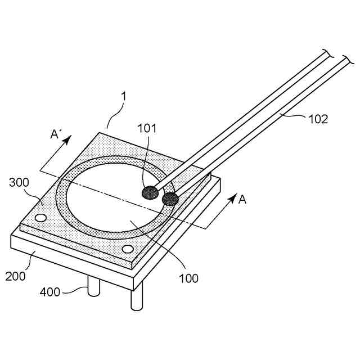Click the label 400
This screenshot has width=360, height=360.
[51, 291]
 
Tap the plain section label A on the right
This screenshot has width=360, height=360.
[242, 199]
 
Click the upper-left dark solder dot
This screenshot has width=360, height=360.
[150, 193]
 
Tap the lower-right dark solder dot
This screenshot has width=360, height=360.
[169, 199]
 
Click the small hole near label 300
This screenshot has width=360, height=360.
[40, 218]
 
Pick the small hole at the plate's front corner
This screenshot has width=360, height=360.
[128, 249]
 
